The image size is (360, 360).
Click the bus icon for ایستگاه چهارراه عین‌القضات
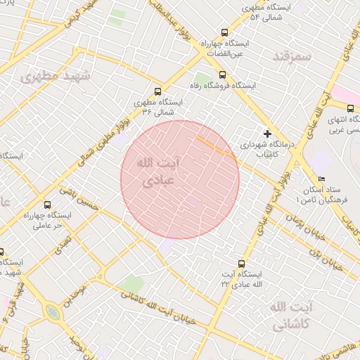coord(224,32)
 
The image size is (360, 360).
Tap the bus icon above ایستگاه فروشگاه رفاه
coord(222,75)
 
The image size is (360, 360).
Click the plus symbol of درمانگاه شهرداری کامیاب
coord(267,133)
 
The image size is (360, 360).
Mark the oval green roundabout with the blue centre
coord(51,311)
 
